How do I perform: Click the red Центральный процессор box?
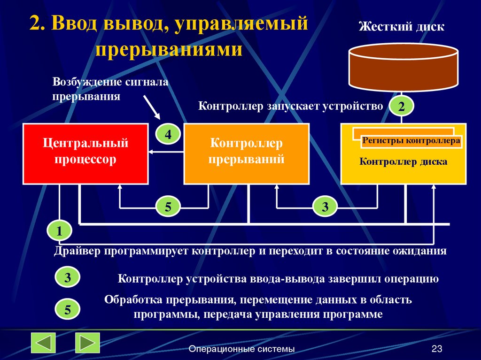(x=85, y=153)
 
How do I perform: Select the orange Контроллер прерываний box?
(x=246, y=153)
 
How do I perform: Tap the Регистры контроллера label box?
(x=411, y=141)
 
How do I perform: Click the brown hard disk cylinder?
(x=403, y=68)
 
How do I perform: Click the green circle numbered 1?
(x=59, y=231)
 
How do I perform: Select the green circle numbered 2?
(x=401, y=107)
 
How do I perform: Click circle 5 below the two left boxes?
(x=167, y=207)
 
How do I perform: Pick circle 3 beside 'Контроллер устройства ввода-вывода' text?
(x=68, y=278)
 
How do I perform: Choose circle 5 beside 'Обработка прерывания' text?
(x=68, y=310)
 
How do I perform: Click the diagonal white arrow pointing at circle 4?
(x=152, y=106)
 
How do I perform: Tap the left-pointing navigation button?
(x=44, y=343)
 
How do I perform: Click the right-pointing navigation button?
(x=87, y=343)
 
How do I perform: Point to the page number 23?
(x=437, y=349)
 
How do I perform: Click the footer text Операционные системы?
(x=241, y=349)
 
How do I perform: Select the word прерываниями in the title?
(x=169, y=49)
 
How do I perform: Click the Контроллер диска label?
(x=403, y=162)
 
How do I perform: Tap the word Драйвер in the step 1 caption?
(x=75, y=251)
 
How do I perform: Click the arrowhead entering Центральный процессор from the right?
(x=151, y=151)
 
